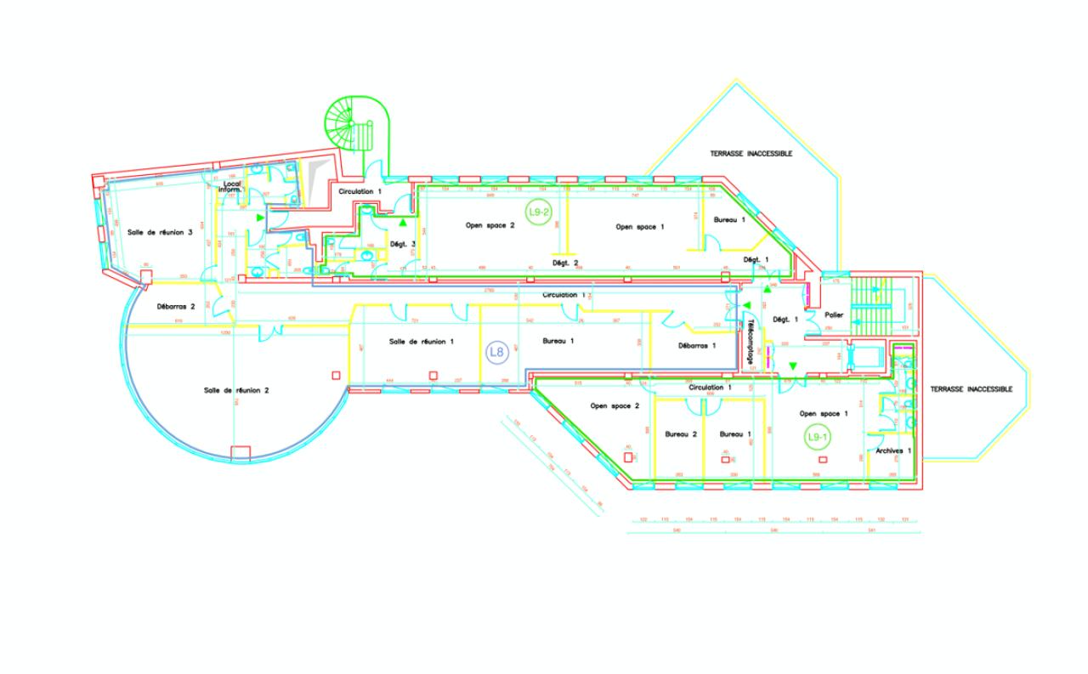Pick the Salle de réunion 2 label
coord(236,390)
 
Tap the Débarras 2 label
coord(177,307)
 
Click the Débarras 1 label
coord(697,346)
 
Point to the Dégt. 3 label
coord(401,245)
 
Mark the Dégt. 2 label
coord(565,263)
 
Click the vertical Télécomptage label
coord(751,340)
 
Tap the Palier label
coord(835,314)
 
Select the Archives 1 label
coord(893,450)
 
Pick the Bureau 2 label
coord(681,433)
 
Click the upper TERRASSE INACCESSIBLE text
coord(751,154)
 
